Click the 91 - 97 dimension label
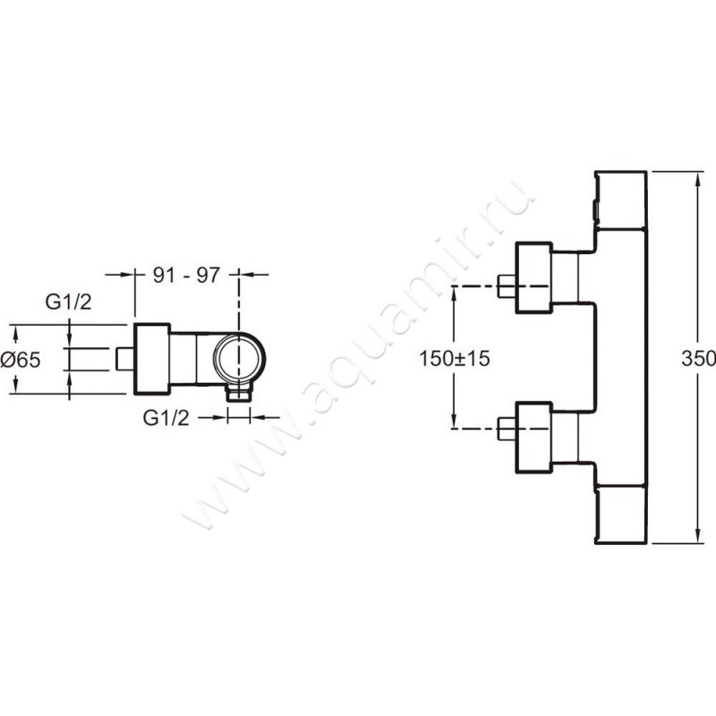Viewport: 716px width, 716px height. click(x=186, y=275)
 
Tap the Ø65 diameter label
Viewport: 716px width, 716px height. click(x=21, y=360)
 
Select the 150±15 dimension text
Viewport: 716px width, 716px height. click(x=455, y=358)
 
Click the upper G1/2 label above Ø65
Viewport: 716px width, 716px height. click(x=69, y=302)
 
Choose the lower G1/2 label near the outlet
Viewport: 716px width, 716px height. click(x=166, y=417)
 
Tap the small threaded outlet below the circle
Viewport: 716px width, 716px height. click(x=239, y=393)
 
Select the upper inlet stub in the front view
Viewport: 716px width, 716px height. click(x=507, y=286)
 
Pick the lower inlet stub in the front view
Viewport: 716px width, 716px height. click(x=507, y=429)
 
